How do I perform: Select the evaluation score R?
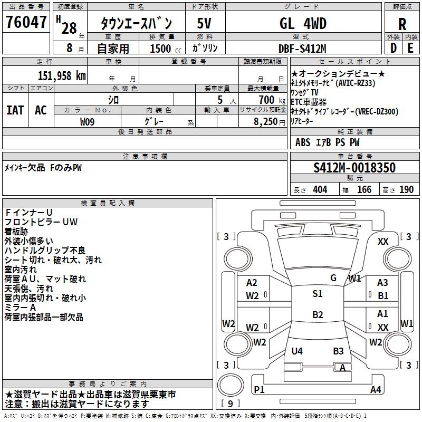coord(402,24)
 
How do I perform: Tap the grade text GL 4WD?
coord(303,24)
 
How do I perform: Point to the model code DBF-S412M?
coord(302,49)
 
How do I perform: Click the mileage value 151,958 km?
coord(62,75)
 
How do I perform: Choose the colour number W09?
coord(88,121)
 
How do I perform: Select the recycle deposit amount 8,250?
coord(266,121)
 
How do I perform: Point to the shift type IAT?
coord(15,110)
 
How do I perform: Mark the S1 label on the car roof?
coord(317,294)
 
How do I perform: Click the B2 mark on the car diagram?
coord(317,315)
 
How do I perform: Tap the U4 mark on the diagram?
coord(297,351)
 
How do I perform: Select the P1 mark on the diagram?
coord(259,389)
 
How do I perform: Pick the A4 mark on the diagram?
coord(376,389)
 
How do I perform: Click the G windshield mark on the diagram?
coord(333,277)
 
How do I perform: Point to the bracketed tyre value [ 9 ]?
coord(231,404)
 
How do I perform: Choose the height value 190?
coord(407,190)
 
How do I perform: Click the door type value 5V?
coord(205,24)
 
